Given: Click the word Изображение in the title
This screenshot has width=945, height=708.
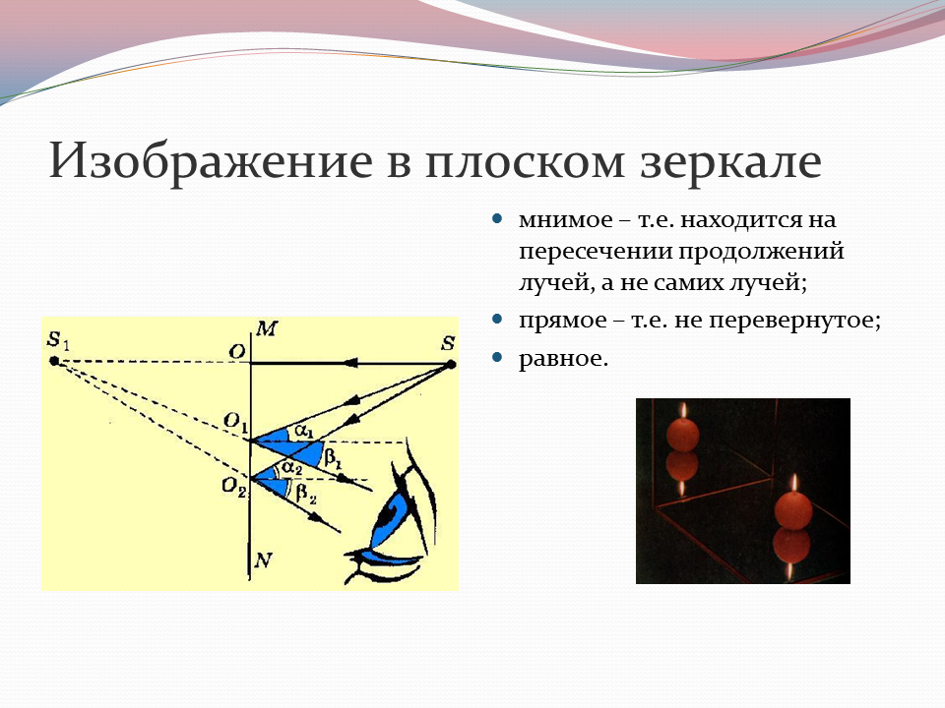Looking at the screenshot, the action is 211,162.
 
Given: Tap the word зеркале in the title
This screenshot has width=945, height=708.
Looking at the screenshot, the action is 730,162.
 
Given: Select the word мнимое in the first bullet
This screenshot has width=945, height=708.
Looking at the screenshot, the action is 565,219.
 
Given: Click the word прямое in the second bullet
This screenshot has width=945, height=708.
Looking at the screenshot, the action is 563,321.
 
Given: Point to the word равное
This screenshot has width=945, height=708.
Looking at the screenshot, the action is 563,360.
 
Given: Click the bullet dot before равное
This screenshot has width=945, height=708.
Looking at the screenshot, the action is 497,357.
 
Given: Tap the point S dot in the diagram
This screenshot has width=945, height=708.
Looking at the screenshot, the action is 451,364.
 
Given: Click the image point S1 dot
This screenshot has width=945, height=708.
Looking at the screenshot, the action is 54,361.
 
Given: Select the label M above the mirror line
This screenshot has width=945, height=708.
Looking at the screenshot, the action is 266,328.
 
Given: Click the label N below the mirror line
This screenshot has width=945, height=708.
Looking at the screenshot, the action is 264,560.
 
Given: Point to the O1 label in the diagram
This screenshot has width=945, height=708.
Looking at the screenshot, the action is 235,422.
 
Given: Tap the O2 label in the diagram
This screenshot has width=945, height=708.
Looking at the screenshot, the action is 234,487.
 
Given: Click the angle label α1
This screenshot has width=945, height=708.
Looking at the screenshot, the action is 304,431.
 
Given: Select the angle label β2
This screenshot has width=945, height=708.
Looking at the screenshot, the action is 306,496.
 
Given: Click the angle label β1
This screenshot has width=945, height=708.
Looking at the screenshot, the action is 334,458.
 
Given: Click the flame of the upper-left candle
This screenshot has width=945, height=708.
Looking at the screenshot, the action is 683,411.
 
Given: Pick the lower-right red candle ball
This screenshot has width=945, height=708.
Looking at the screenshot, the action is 792,510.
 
